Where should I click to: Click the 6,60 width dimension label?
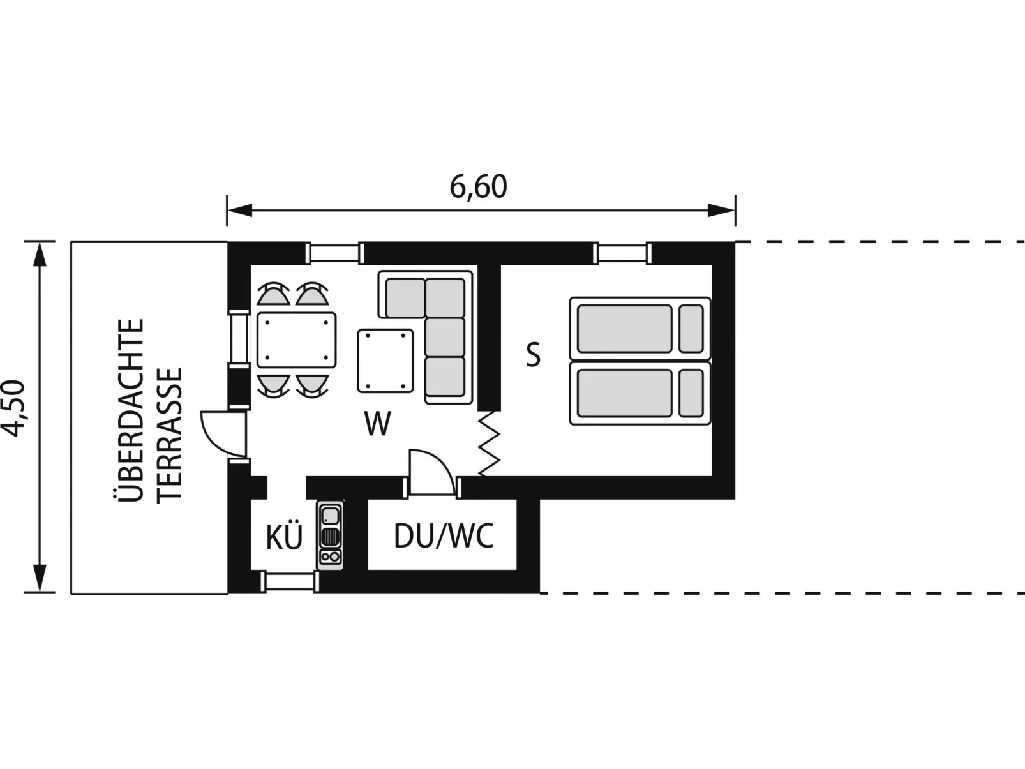[x=478, y=187]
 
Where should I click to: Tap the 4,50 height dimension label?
[x=13, y=408]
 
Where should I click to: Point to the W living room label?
[x=377, y=424]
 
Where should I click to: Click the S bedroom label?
[x=533, y=354]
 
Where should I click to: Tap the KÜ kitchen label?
[x=284, y=536]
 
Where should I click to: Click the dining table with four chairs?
[x=297, y=340]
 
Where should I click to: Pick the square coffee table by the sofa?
[x=385, y=361]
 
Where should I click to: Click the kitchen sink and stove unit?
[x=330, y=535]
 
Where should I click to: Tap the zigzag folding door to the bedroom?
[x=490, y=444]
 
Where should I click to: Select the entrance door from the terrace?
[x=223, y=434]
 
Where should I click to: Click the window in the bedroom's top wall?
[x=622, y=253]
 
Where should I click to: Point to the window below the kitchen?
[x=290, y=582]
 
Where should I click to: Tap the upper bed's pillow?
[x=691, y=329]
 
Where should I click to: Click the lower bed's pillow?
[x=691, y=393]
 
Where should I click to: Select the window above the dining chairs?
[x=334, y=253]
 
